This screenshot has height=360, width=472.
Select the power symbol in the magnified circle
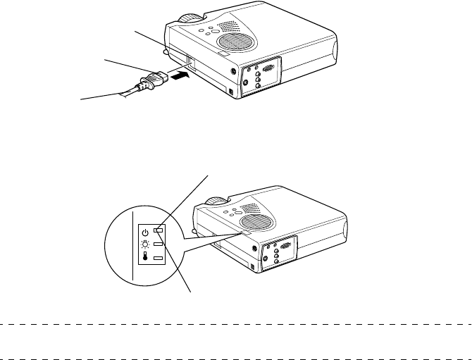click(144, 231)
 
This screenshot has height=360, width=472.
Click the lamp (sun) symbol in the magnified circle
click(144, 244)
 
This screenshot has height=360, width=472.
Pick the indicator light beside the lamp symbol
click(159, 244)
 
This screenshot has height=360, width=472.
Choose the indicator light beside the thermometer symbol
click(159, 259)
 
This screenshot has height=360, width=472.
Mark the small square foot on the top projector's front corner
click(230, 92)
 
